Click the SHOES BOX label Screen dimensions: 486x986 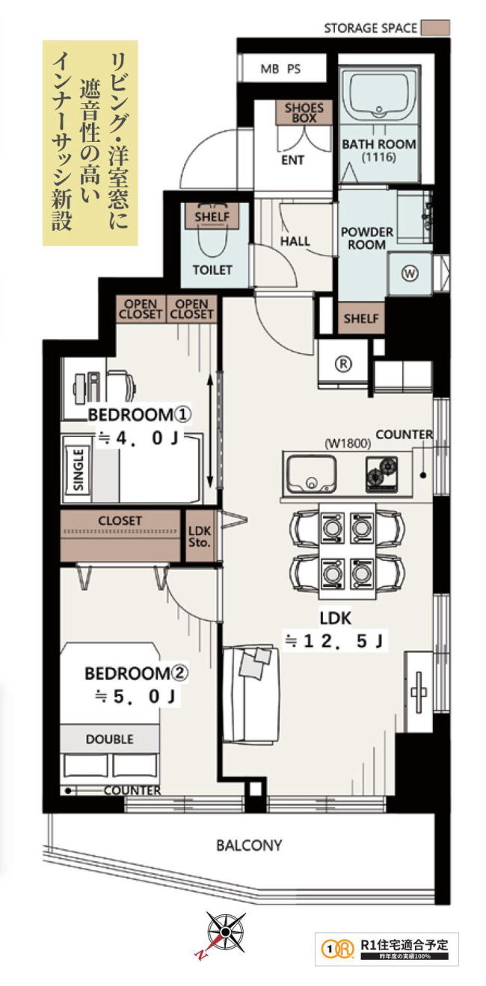(x=304, y=113)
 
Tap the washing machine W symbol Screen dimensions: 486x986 (x=410, y=273)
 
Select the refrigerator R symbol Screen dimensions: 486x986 (x=344, y=364)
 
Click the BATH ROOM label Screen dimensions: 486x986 (x=379, y=144)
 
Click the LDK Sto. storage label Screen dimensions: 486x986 (x=200, y=536)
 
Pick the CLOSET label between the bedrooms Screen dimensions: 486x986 (x=120, y=521)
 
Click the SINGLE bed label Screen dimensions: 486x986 (x=79, y=470)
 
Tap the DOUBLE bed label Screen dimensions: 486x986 (x=110, y=739)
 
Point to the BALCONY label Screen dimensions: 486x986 (x=249, y=846)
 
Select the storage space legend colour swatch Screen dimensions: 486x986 (x=435, y=28)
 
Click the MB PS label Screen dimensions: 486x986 (x=280, y=69)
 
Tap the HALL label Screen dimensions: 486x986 (x=295, y=241)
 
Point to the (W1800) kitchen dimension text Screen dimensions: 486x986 (x=348, y=443)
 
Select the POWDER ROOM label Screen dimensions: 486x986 (x=366, y=238)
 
